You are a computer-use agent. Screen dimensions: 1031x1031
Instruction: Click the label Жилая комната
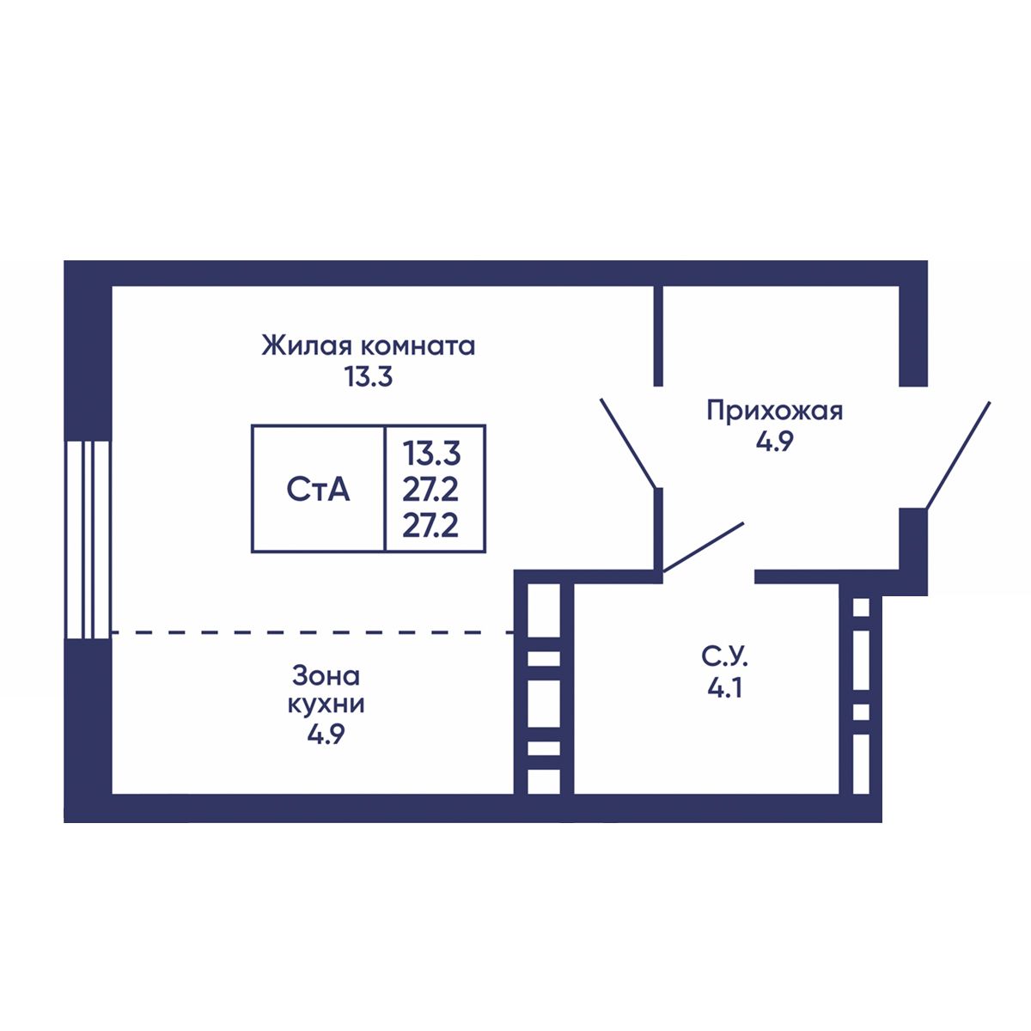(x=369, y=346)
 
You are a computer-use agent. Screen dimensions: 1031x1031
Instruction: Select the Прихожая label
(x=774, y=411)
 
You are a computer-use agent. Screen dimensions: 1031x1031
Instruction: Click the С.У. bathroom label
(x=725, y=658)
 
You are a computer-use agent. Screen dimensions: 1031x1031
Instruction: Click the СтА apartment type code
(x=318, y=490)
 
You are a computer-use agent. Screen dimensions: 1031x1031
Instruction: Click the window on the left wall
(x=88, y=540)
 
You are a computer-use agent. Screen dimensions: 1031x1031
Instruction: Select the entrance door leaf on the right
(x=958, y=455)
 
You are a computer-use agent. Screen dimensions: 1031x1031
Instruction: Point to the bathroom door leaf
(x=704, y=546)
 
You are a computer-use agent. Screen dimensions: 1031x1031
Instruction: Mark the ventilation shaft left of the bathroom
(x=543, y=687)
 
